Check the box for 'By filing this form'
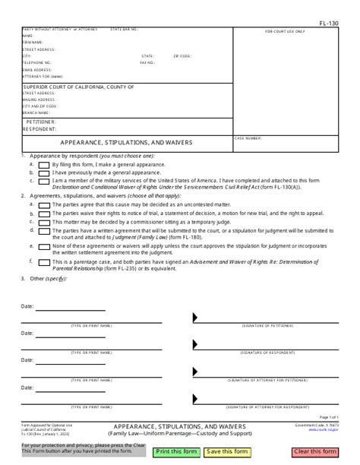coord(44,165)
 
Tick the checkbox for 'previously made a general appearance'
coord(44,172)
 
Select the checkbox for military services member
coord(44,181)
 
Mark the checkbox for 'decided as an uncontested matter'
coord(44,206)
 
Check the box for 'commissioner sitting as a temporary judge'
coord(44,223)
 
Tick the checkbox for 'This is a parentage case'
coord(44,262)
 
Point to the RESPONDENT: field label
coord(41,128)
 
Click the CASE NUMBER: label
coord(270,139)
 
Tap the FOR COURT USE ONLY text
coord(285,32)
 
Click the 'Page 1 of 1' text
coord(330,418)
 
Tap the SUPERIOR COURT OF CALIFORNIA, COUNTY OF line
coord(79,87)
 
